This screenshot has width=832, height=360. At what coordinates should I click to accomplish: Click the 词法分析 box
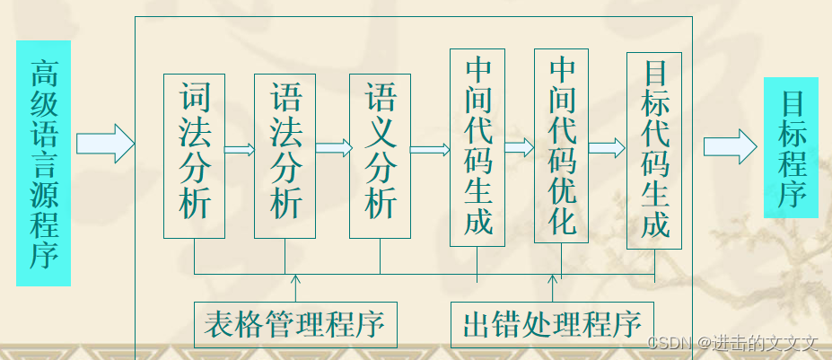194,155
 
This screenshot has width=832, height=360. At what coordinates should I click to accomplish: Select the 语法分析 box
285,155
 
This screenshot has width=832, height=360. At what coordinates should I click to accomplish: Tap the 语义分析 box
380,155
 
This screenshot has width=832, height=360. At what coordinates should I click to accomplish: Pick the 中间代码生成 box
477,147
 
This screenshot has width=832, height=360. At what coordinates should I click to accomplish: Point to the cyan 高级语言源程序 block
43,162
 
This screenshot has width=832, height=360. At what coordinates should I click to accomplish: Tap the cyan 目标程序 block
791,147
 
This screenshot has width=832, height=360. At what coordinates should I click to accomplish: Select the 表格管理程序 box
295,324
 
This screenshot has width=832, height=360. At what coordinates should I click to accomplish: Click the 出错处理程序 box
552,324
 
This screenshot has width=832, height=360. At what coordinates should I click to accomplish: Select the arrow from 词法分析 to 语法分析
239,149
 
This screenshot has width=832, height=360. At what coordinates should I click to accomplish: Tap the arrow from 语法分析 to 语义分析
333,148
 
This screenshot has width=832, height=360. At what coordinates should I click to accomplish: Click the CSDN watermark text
733,343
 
